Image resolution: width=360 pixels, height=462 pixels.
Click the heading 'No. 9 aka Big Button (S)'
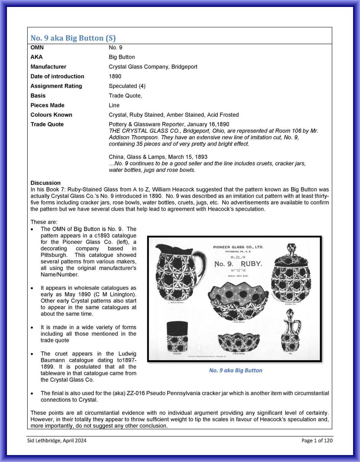(73, 38)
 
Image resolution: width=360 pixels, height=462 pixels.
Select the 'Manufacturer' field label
(48, 67)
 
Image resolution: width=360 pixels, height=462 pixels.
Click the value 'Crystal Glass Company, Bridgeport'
(153, 67)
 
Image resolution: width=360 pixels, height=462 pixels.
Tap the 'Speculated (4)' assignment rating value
(127, 86)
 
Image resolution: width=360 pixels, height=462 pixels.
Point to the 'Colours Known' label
(51, 115)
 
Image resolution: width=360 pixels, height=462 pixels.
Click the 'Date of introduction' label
(57, 77)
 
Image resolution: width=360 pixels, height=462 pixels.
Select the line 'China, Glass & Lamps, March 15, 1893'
(158, 157)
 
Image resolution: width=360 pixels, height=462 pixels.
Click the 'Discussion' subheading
(45, 183)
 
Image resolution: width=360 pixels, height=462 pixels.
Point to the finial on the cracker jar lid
(290, 249)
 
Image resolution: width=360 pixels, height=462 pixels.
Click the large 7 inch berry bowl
(238, 301)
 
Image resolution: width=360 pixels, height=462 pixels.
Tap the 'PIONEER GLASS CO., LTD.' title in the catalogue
(238, 247)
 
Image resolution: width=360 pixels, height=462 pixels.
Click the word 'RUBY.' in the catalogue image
(251, 264)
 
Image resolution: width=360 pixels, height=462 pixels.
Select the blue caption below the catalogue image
(235, 370)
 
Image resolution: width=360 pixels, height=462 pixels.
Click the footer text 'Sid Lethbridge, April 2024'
(57, 441)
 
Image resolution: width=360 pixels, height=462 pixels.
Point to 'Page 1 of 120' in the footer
(317, 441)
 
